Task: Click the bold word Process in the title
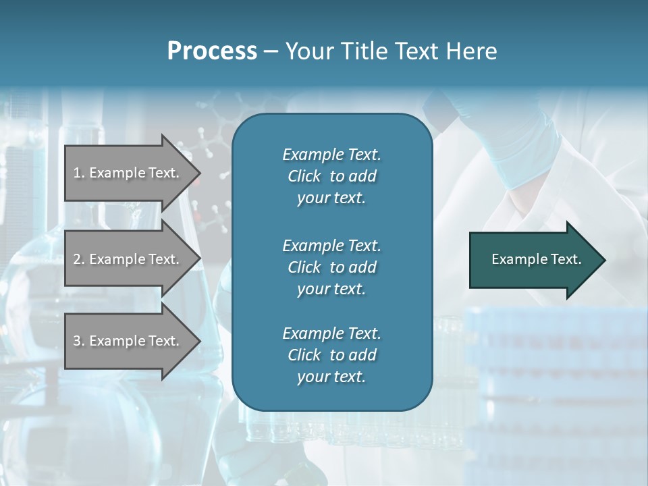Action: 212,51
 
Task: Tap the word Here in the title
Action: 471,51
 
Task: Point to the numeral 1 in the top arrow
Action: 77,173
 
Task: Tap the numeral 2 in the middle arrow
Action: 77,259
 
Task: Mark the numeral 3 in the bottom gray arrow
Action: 77,341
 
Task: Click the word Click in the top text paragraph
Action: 304,176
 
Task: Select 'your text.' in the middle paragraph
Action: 331,289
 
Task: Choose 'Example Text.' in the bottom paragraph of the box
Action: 331,333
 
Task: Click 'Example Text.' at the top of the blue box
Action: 331,155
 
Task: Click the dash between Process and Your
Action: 271,52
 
